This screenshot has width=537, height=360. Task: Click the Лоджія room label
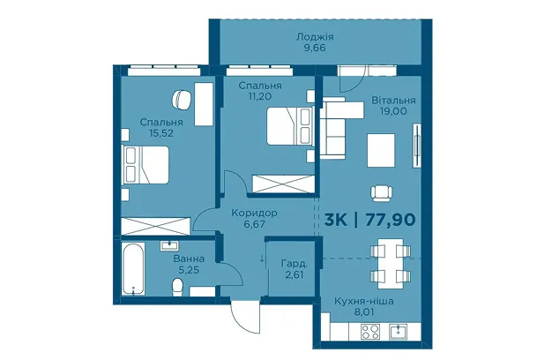pos(315,37)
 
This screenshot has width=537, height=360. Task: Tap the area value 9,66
pos(315,48)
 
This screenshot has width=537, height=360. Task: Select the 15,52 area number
pos(161,133)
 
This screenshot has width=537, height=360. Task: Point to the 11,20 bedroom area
pos(260,96)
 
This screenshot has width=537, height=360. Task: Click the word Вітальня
pos(393,100)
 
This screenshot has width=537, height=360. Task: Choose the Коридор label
pos(254,213)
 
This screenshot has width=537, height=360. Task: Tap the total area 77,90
pos(391,220)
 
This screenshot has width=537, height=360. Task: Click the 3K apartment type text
pos(336,220)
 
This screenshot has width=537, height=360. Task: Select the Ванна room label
pos(189,259)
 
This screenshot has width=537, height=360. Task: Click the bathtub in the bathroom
pos(133,268)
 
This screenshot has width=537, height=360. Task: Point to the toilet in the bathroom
pos(178,288)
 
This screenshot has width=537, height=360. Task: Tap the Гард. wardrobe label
pos(294,264)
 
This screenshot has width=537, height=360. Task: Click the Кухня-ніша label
pos(363,302)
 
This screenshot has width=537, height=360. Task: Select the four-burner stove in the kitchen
pos(370,332)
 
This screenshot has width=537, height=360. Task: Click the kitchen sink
pos(399,332)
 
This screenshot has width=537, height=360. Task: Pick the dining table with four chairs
pos(391,263)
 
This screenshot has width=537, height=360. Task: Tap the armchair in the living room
pos(381,193)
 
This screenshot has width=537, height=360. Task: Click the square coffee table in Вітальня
pos(381,150)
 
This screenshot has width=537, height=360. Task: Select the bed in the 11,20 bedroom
pos(290,126)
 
